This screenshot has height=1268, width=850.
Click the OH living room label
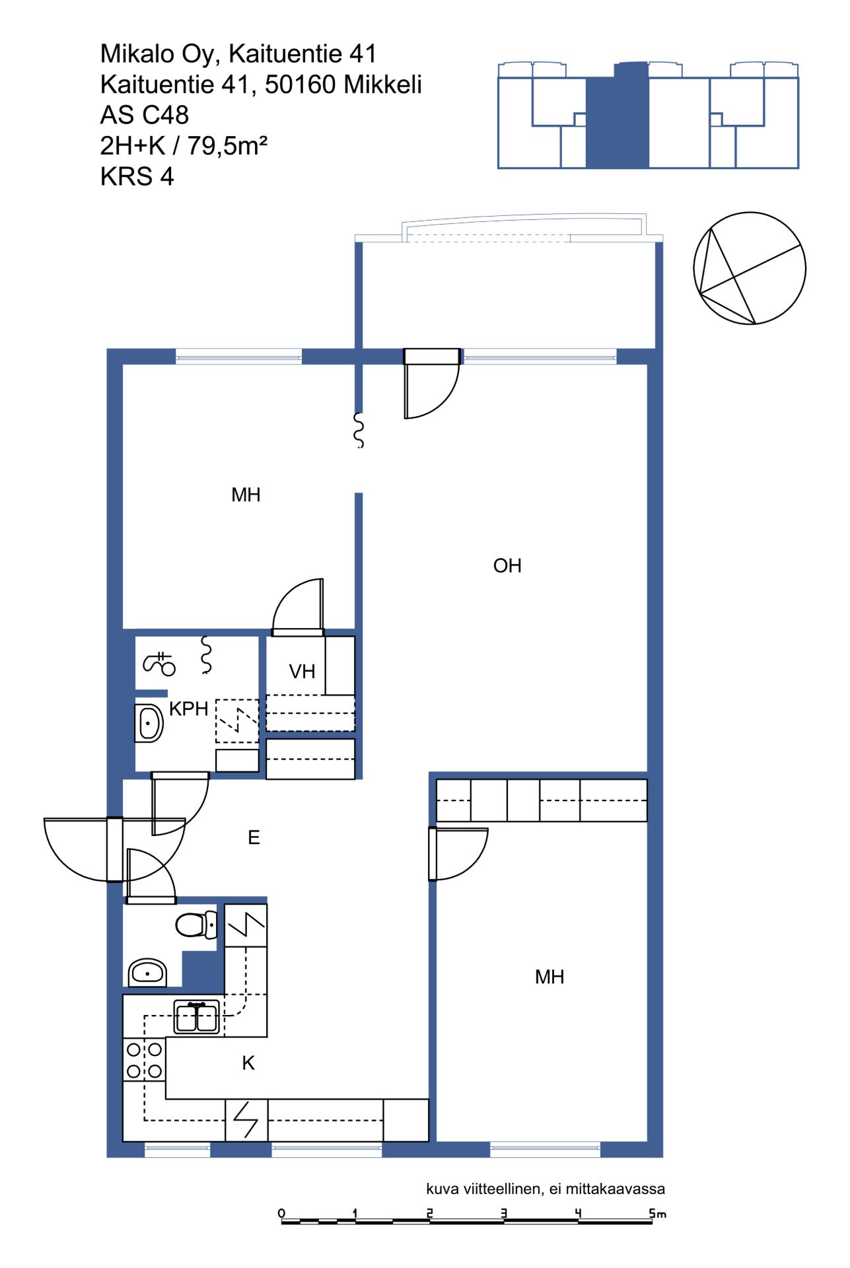(507, 566)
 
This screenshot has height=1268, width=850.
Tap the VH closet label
(302, 672)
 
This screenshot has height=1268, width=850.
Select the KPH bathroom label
(189, 709)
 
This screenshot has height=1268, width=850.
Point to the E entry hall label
(254, 838)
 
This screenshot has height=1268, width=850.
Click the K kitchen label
(248, 1063)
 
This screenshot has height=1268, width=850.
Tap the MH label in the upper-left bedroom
(246, 495)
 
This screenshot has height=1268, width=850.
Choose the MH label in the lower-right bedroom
(549, 977)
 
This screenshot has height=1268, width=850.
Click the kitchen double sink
(197, 1017)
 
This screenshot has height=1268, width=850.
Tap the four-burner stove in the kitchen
(145, 1060)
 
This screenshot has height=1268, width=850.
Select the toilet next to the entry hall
(196, 925)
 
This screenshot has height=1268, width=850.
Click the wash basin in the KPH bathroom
(149, 723)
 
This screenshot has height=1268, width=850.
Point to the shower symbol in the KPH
(159, 663)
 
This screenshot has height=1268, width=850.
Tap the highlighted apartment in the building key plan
(618, 115)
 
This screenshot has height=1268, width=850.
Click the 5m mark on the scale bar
(657, 1214)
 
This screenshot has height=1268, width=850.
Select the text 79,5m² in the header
(227, 146)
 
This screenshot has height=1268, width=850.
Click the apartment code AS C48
(145, 116)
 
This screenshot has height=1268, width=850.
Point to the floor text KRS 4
(137, 177)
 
